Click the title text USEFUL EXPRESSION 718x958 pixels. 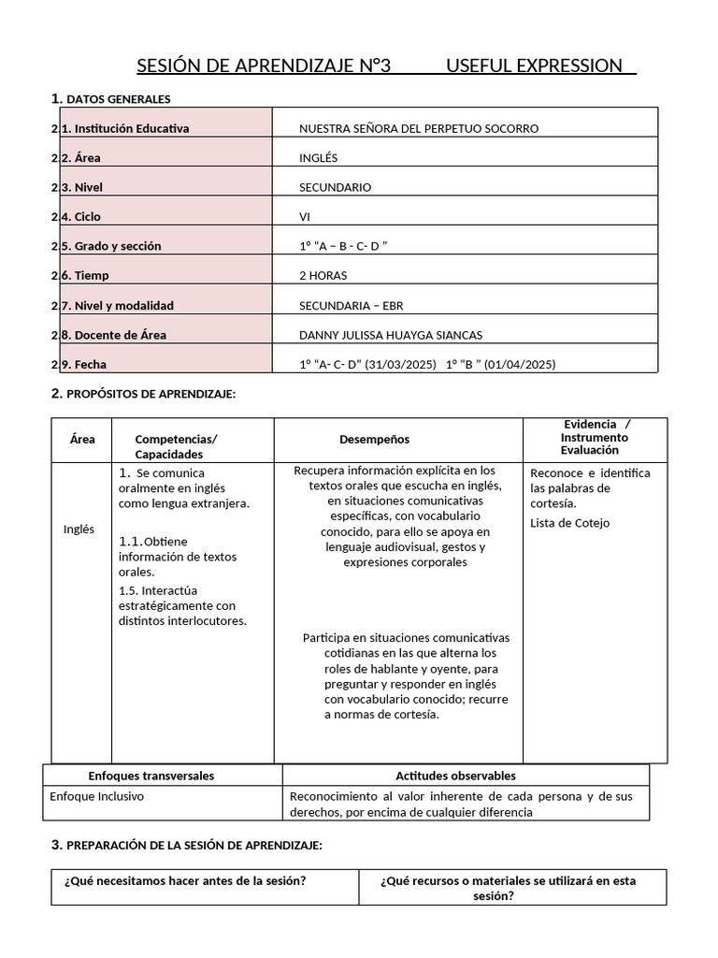click(535, 65)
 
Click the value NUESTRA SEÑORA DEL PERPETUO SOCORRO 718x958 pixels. click(418, 128)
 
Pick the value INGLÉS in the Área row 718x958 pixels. click(318, 158)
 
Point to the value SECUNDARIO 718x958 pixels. click(335, 187)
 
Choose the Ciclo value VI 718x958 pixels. click(305, 217)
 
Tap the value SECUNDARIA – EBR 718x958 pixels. click(351, 306)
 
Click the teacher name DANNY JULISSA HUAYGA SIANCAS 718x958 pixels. click(391, 335)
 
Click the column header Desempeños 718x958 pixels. click(374, 440)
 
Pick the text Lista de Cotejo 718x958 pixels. click(569, 523)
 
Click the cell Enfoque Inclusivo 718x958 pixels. click(97, 796)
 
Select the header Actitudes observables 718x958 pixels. click(455, 776)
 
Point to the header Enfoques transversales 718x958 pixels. click(151, 776)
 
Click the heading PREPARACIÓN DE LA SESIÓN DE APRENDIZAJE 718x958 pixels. click(194, 845)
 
